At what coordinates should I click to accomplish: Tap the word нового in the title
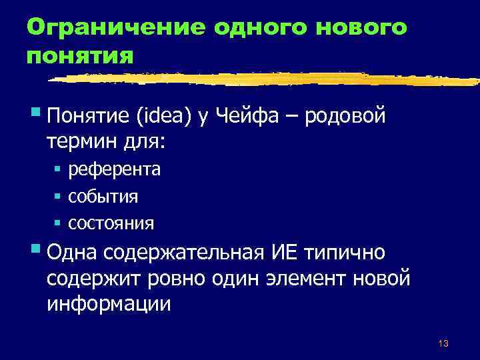(x=351, y=27)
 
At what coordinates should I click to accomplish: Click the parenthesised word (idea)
(x=166, y=118)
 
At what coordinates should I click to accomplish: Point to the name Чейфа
(x=250, y=118)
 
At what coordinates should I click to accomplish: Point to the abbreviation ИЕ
(x=282, y=254)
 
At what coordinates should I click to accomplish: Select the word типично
(x=349, y=254)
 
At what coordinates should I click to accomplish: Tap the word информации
(x=109, y=303)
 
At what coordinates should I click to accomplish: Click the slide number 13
(x=443, y=343)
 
